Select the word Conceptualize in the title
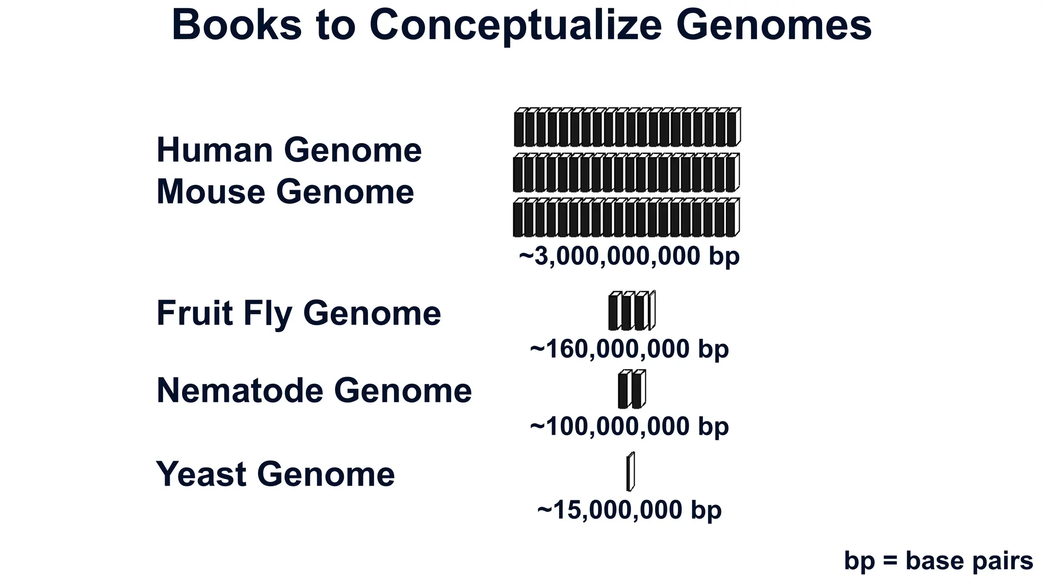click(515, 25)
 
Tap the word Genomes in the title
click(773, 25)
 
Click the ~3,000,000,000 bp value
click(629, 256)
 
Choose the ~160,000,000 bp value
click(629, 350)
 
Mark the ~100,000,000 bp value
click(629, 426)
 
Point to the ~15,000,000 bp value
click(629, 510)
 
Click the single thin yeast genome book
click(631, 472)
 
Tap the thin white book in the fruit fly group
click(652, 310)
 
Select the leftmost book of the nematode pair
click(623, 390)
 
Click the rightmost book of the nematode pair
click(638, 390)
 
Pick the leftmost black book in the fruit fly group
click(614, 312)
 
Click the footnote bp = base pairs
click(938, 561)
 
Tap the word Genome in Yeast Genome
click(326, 474)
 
